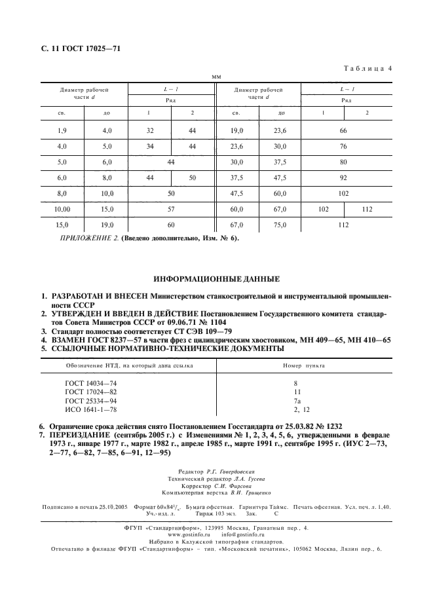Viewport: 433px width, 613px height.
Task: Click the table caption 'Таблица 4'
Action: (367, 67)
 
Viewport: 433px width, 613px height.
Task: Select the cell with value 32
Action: (149, 131)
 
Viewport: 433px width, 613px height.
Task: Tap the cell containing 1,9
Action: (62, 131)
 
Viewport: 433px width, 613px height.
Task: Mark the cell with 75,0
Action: (280, 225)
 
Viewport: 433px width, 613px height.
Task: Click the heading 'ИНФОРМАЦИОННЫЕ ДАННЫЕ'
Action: (216, 279)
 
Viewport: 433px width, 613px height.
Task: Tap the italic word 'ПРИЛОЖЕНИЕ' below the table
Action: (82, 238)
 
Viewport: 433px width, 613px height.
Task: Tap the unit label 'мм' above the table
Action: (216, 77)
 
